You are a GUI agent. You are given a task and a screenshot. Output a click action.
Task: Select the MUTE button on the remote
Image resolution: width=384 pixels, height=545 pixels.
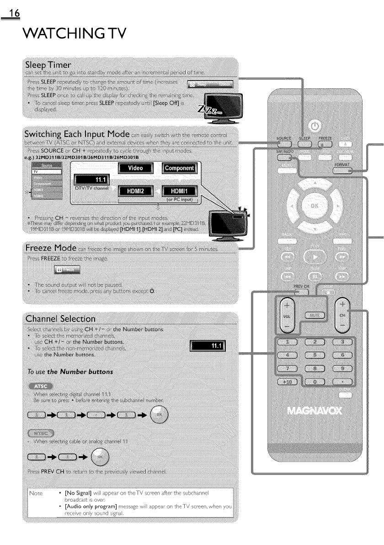click(x=315, y=315)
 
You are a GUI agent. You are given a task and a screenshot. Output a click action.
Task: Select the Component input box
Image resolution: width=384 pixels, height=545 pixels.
click(x=179, y=168)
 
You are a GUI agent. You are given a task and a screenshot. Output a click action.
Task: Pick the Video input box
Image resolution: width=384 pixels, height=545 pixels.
click(x=136, y=168)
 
